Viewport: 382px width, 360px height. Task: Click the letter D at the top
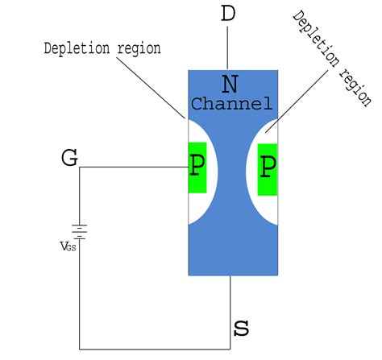click(229, 14)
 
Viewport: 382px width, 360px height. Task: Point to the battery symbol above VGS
click(79, 230)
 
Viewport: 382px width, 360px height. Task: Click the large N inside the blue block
click(230, 84)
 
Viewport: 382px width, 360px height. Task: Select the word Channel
click(230, 104)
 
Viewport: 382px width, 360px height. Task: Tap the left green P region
click(197, 168)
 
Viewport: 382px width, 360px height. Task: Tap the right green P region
click(268, 168)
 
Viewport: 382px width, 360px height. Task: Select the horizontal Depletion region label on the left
click(102, 48)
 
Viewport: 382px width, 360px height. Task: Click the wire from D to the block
click(230, 48)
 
